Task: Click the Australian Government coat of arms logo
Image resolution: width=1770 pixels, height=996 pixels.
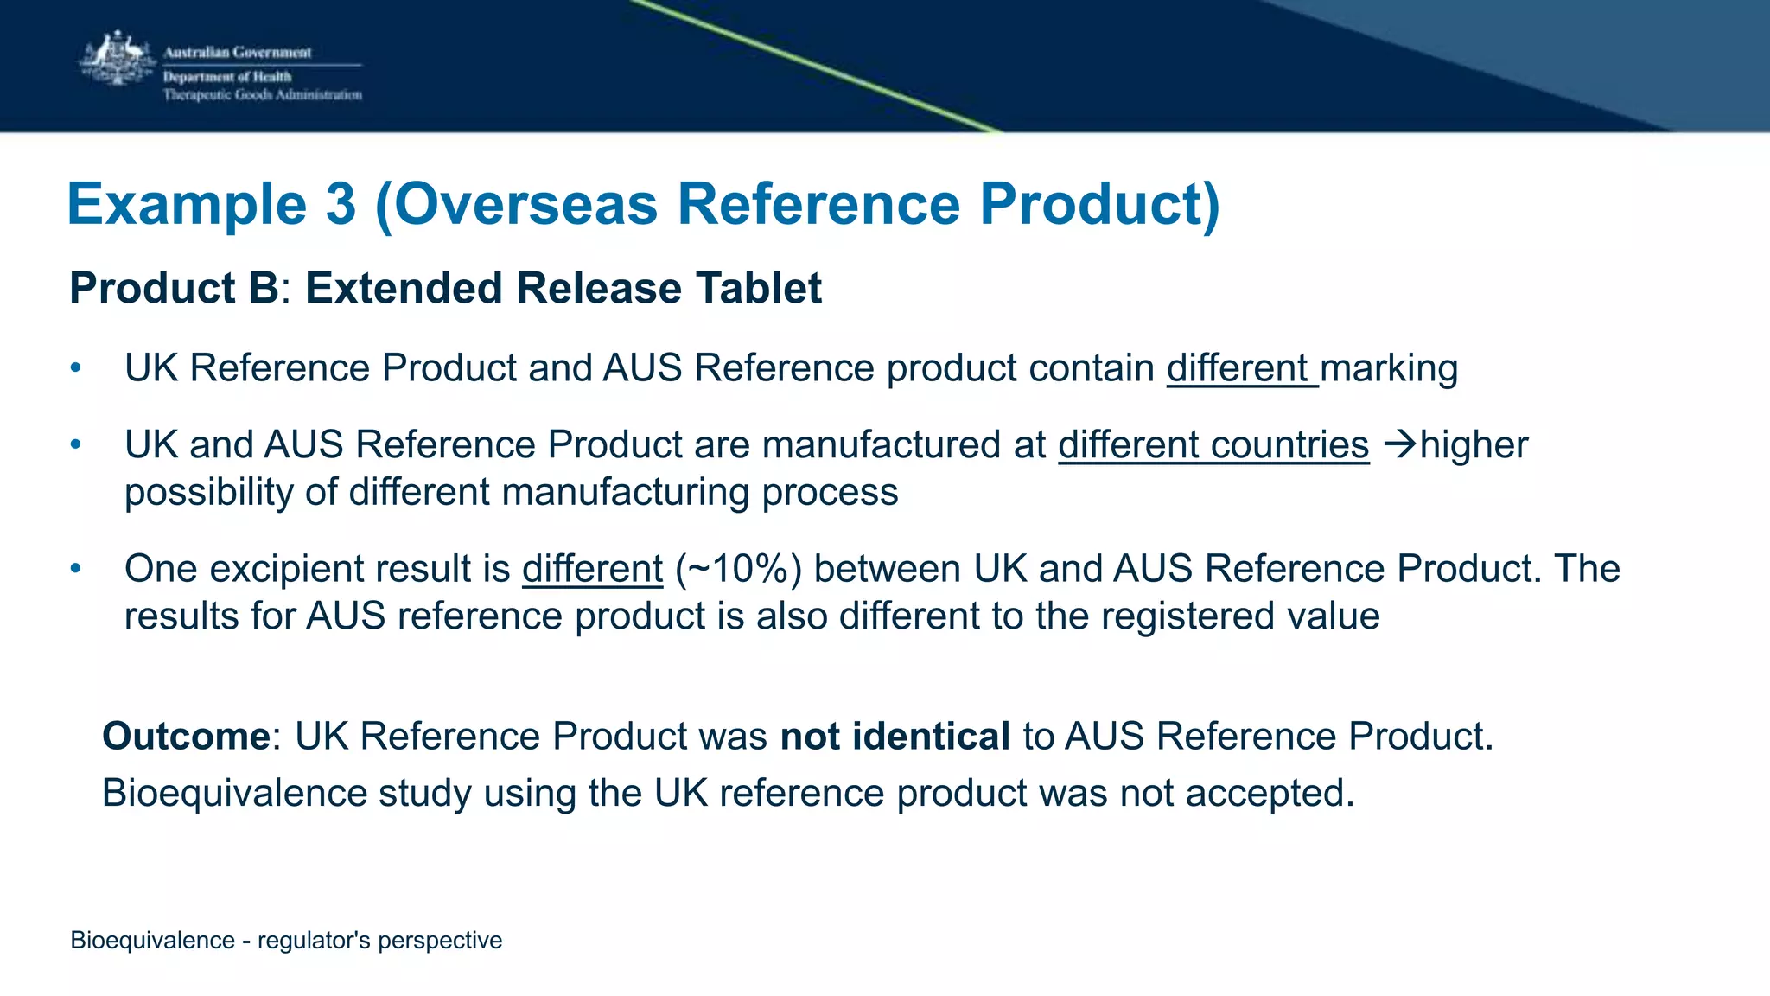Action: (117, 59)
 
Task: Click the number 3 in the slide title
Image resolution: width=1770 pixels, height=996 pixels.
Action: (341, 205)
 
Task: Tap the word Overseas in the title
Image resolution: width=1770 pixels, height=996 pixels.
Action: (526, 205)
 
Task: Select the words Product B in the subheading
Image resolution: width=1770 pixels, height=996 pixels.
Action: (174, 288)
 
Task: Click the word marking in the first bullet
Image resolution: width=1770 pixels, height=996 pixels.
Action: (1389, 369)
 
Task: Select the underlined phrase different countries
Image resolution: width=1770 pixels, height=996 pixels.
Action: (1213, 445)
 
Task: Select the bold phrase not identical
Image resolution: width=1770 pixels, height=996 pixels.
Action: (895, 737)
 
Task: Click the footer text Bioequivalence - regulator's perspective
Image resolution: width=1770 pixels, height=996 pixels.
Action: (286, 940)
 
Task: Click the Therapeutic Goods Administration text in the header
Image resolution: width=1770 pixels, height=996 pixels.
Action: (263, 95)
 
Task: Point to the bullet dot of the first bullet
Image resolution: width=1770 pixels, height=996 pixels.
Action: (76, 368)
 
